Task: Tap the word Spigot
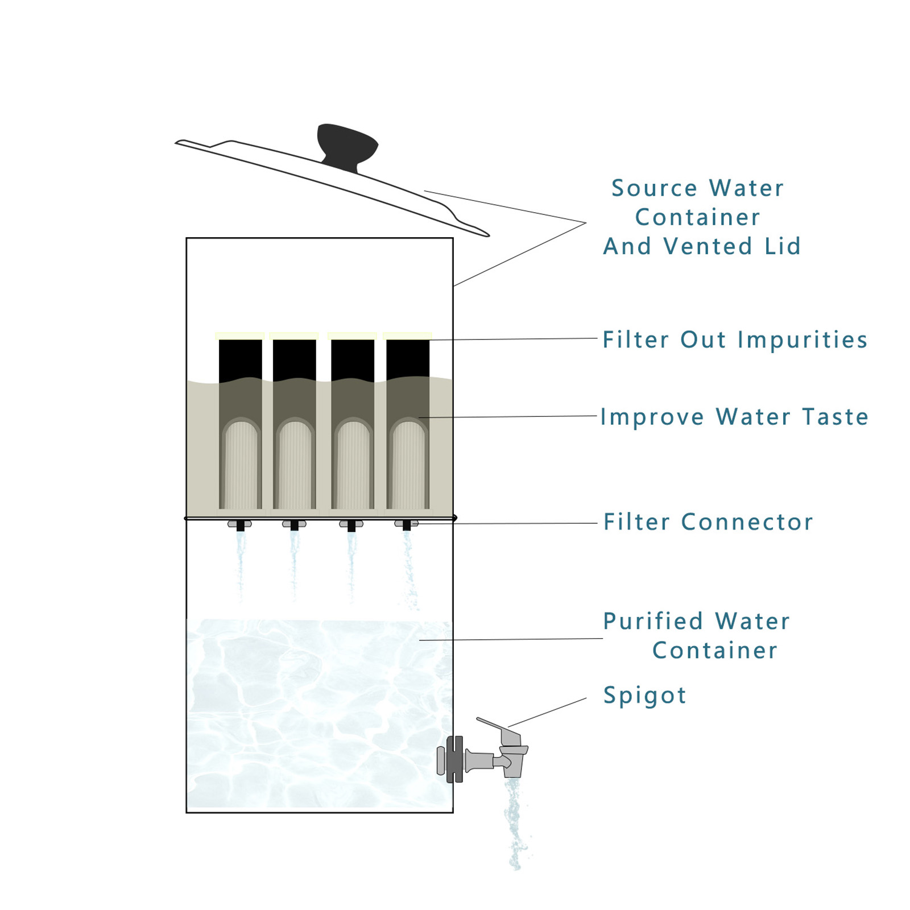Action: coord(644,695)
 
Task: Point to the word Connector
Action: coord(747,522)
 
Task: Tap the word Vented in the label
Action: coord(708,246)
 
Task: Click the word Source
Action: coord(654,188)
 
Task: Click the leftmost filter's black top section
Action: coord(240,359)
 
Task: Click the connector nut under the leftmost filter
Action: coord(240,524)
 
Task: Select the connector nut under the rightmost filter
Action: coord(406,523)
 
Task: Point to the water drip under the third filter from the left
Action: coord(351,563)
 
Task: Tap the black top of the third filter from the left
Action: coord(352,359)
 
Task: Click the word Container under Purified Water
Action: coord(714,651)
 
